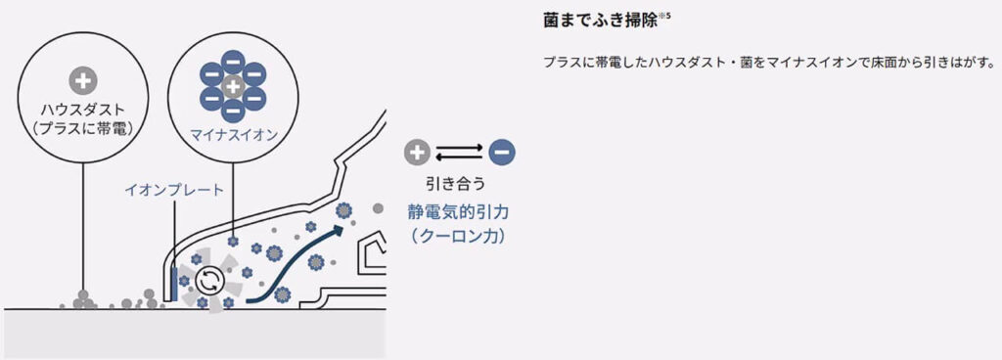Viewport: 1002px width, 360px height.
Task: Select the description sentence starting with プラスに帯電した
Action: (768, 63)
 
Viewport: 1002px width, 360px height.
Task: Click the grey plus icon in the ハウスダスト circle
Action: (82, 81)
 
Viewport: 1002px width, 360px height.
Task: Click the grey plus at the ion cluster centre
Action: (232, 87)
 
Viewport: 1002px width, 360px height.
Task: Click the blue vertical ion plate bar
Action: (174, 283)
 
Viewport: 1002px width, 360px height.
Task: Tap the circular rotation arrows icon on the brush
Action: (207, 281)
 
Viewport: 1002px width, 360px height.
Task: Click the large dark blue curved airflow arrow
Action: (295, 258)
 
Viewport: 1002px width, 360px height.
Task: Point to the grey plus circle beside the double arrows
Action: (417, 152)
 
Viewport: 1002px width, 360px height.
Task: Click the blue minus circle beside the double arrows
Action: (502, 152)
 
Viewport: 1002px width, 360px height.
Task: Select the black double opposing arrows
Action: (460, 152)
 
